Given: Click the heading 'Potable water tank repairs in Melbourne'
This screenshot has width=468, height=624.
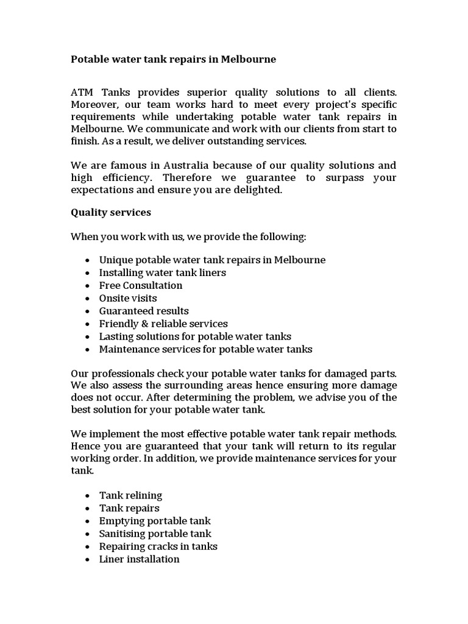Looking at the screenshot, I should (x=173, y=59).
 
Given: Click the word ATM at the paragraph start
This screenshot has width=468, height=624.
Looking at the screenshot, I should (x=83, y=92).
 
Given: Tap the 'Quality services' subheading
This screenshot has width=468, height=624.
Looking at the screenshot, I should (x=111, y=213).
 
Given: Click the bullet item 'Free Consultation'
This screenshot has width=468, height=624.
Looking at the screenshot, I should (x=141, y=285).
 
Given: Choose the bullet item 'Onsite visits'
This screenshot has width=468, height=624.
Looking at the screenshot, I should (x=128, y=298).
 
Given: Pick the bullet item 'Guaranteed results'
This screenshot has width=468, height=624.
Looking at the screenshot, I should (x=144, y=311).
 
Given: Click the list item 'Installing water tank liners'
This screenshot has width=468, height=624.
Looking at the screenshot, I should (x=163, y=272).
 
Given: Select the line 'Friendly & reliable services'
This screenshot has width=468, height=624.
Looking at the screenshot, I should (x=163, y=324).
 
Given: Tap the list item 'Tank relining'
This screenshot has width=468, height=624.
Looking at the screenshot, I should (x=130, y=495).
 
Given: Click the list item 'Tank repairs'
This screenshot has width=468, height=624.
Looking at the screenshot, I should (x=129, y=508).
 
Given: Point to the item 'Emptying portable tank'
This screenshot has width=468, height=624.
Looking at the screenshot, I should (x=155, y=520).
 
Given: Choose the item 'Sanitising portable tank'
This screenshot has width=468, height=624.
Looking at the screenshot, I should (x=155, y=533).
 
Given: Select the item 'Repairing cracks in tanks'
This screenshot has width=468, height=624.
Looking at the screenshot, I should (x=158, y=546).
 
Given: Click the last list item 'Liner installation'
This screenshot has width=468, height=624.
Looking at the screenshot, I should (x=140, y=559).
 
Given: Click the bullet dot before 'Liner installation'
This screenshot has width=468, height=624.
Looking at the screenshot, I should (x=88, y=559).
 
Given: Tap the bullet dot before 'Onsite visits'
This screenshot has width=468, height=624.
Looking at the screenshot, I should (x=88, y=299).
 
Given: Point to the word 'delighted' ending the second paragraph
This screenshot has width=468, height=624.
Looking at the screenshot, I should (x=260, y=190).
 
